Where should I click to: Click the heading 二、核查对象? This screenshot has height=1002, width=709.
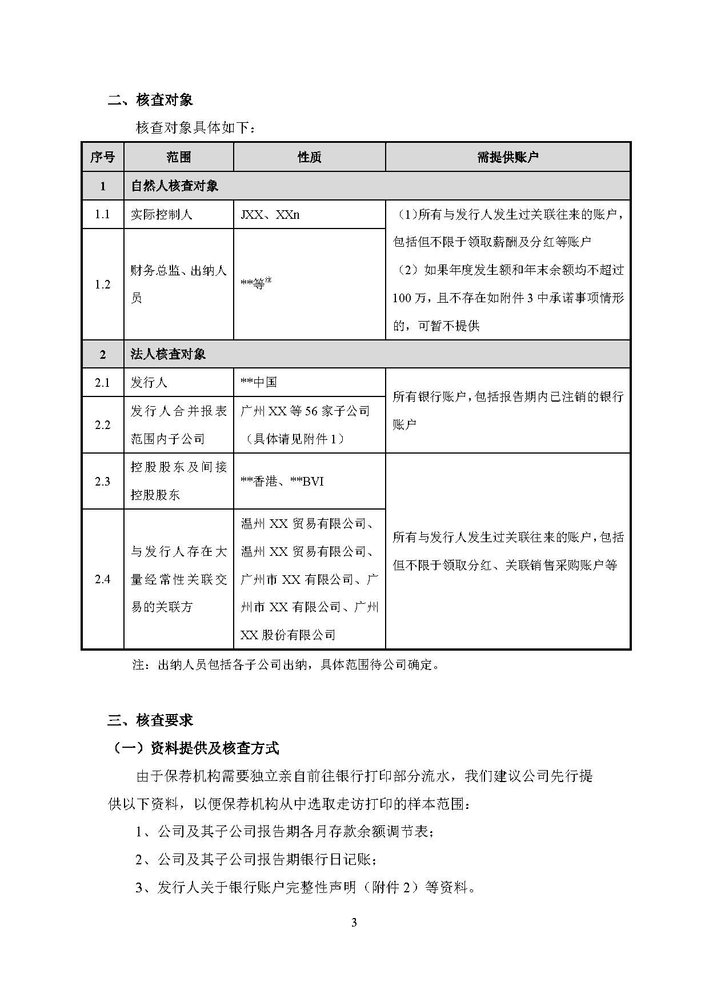[x=150, y=100]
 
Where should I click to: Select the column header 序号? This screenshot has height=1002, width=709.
[x=103, y=157]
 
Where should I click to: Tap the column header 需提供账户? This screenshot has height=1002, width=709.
[x=507, y=157]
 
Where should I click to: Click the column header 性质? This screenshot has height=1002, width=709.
[x=309, y=157]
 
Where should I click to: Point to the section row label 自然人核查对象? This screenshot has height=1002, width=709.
[x=174, y=186]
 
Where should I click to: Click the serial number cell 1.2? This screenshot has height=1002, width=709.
[x=103, y=284]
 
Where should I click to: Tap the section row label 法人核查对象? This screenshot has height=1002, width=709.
[x=168, y=354]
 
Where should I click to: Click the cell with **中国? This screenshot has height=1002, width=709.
[x=259, y=382]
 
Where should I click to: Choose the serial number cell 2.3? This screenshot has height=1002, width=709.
[x=103, y=481]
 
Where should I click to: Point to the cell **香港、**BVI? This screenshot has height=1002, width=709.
[x=282, y=481]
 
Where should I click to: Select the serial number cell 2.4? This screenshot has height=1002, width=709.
[x=103, y=579]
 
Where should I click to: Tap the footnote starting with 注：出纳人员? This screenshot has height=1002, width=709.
[x=286, y=664]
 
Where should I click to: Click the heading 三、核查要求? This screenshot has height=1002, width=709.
[x=150, y=720]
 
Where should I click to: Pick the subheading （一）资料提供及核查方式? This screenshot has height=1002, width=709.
[x=193, y=748]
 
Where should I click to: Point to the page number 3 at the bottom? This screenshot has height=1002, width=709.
[x=354, y=923]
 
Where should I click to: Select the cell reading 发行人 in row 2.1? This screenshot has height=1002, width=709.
[x=149, y=382]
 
